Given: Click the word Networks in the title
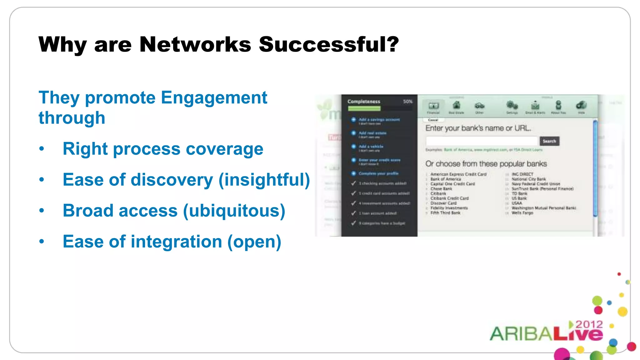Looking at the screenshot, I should click(x=195, y=44).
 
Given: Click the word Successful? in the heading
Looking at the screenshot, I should click(x=329, y=44).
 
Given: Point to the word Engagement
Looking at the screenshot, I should click(x=214, y=97).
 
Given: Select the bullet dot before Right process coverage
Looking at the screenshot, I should click(x=42, y=149).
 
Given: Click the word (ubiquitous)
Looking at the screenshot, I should click(x=234, y=211).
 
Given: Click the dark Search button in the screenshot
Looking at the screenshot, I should click(x=549, y=141).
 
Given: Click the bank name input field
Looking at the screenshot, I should click(x=481, y=141).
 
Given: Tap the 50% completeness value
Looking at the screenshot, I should click(x=407, y=102).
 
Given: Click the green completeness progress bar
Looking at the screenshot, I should click(x=364, y=108).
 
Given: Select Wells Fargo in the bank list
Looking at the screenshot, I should click(x=522, y=213).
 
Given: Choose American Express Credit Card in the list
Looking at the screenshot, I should click(x=458, y=174).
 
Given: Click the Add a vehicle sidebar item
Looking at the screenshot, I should click(x=371, y=146).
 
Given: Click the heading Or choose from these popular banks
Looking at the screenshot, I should click(x=486, y=164).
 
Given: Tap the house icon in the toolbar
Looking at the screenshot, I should click(x=456, y=105).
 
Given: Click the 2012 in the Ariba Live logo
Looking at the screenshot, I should click(x=589, y=324).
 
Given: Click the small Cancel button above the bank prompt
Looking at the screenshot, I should click(x=433, y=120).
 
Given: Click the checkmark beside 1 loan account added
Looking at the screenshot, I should click(x=353, y=213).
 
